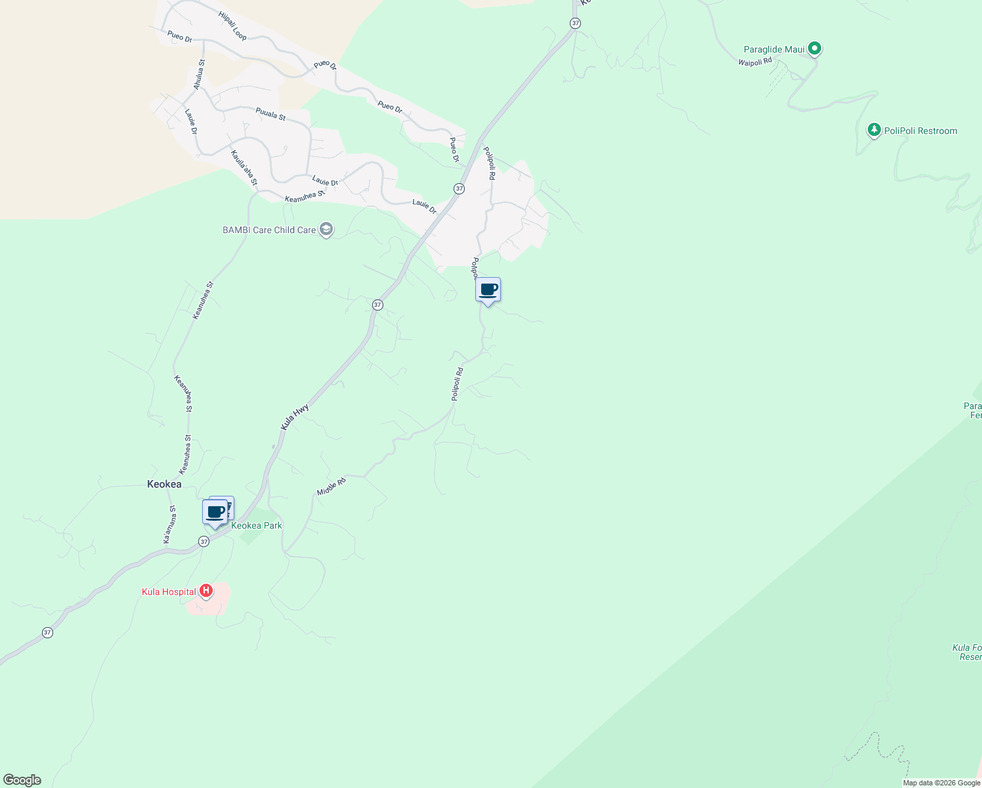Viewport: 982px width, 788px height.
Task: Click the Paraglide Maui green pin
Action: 815,48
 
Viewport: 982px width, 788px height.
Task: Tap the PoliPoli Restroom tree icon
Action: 874,130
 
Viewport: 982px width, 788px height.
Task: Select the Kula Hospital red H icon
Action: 206,591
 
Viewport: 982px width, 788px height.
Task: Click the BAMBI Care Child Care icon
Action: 326,229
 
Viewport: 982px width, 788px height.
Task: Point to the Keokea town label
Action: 164,484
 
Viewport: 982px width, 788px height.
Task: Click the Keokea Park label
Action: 257,525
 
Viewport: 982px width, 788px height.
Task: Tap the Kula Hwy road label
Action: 295,418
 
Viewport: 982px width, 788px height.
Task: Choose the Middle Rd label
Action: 331,487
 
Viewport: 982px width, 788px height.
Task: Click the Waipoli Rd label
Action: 754,62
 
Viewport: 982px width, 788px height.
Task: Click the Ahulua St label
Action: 199,75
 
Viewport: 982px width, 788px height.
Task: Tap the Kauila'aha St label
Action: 244,167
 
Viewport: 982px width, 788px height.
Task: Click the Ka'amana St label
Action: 169,524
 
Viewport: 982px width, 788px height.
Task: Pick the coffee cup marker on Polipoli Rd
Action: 488,290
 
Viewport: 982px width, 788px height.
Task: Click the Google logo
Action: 22,780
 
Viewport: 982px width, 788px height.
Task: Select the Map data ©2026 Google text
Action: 941,783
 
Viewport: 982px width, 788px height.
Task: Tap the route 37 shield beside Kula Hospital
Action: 47,632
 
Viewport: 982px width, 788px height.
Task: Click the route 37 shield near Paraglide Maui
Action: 575,23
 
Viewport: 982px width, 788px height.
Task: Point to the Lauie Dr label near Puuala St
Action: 191,122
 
